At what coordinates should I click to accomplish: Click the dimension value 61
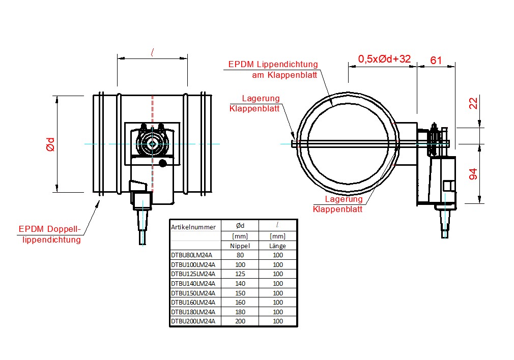436,60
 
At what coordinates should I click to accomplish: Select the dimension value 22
473,104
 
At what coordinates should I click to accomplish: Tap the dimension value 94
473,174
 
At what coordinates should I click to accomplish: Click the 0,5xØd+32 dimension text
384,59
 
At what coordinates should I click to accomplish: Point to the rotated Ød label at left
50,144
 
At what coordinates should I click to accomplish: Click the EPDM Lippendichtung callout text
273,65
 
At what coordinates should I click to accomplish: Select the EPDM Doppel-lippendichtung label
50,234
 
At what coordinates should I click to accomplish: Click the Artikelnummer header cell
193,227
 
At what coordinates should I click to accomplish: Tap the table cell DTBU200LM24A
193,321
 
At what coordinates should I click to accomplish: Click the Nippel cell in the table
240,246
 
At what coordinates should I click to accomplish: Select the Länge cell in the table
278,246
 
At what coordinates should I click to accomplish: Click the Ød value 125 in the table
240,274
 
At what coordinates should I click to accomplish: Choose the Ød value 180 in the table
240,312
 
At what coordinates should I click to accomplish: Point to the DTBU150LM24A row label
193,293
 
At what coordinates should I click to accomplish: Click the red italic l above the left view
153,51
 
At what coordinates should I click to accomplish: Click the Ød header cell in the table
240,226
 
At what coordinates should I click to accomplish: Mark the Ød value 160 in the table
240,303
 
